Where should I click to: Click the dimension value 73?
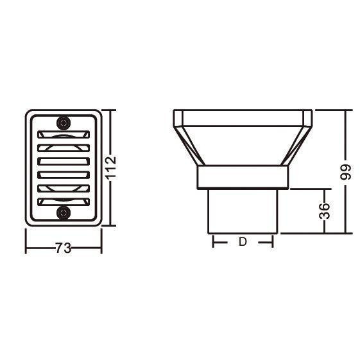click(x=64, y=248)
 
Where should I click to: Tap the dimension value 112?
click(x=110, y=168)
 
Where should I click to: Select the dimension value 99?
click(x=345, y=172)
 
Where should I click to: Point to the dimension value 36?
click(x=325, y=210)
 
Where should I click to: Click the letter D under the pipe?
click(x=243, y=242)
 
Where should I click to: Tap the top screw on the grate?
click(x=64, y=123)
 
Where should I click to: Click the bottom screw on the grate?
click(x=64, y=212)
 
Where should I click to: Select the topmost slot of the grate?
click(x=64, y=135)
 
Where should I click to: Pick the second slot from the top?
click(x=64, y=148)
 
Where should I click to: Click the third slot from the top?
click(x=64, y=162)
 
